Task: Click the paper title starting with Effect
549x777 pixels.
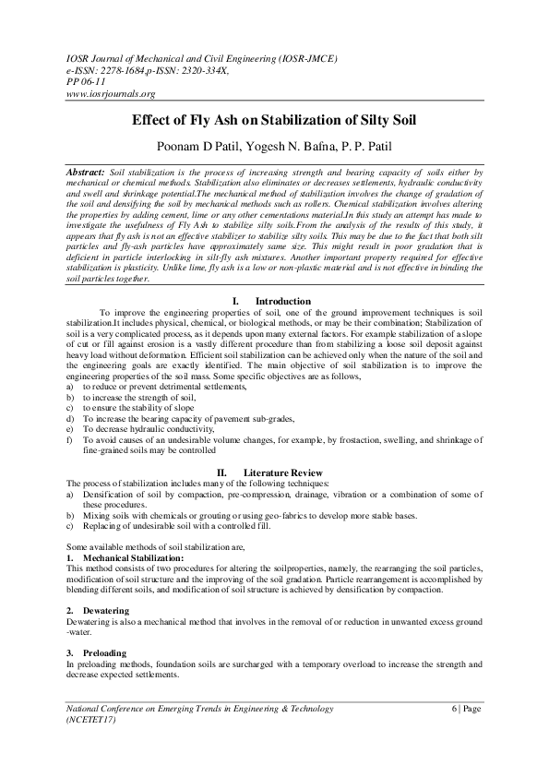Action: click(x=274, y=120)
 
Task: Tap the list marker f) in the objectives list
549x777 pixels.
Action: click(x=71, y=440)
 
